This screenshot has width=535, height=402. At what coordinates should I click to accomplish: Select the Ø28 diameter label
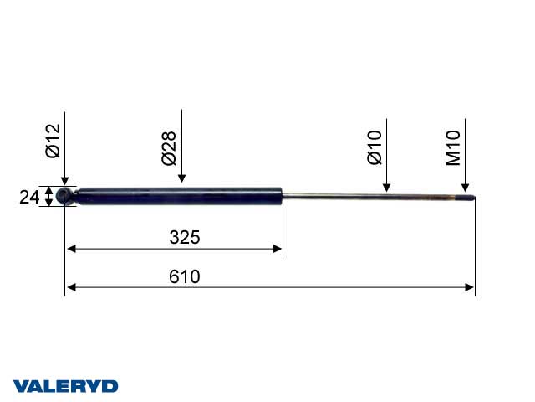tap(170, 147)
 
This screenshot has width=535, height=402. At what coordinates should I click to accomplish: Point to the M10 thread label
tap(454, 147)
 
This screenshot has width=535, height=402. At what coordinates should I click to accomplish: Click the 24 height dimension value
tap(28, 198)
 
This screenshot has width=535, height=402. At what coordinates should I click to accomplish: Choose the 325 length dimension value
tap(184, 237)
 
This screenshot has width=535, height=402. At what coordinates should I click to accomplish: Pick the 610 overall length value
tap(184, 276)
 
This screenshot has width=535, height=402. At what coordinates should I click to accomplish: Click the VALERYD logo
tap(65, 386)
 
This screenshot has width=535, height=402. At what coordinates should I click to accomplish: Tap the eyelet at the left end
tap(65, 197)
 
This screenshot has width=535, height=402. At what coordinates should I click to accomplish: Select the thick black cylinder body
tap(180, 196)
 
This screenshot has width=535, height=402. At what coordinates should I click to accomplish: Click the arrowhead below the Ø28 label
tap(181, 178)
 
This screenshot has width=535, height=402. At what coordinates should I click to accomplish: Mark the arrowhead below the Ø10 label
tap(386, 188)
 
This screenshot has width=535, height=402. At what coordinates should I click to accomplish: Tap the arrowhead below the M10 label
tap(465, 188)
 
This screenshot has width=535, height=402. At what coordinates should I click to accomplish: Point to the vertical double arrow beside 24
tap(49, 198)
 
